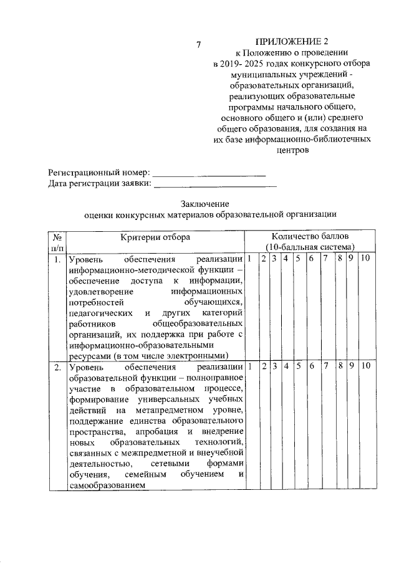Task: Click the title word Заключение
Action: click(x=206, y=204)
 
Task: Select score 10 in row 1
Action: click(x=365, y=259)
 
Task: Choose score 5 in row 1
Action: click(x=299, y=259)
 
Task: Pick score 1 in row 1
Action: click(x=249, y=259)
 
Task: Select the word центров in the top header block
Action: click(x=291, y=150)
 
